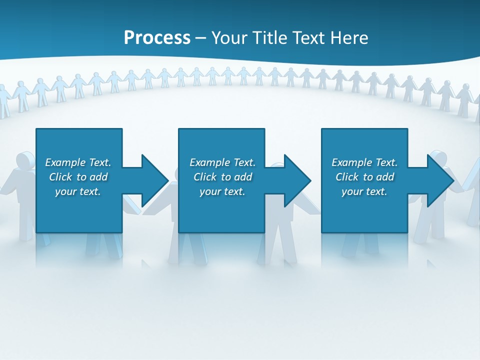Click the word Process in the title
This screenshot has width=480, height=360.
click(x=157, y=37)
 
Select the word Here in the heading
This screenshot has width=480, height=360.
click(x=350, y=37)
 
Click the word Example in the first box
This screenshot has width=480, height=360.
click(x=65, y=162)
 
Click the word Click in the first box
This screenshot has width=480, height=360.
click(x=60, y=177)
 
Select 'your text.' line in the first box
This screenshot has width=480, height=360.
click(x=78, y=191)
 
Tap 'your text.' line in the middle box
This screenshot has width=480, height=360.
click(x=222, y=191)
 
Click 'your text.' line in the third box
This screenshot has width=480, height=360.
click(x=364, y=191)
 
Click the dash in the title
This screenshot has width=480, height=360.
click(x=200, y=38)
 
